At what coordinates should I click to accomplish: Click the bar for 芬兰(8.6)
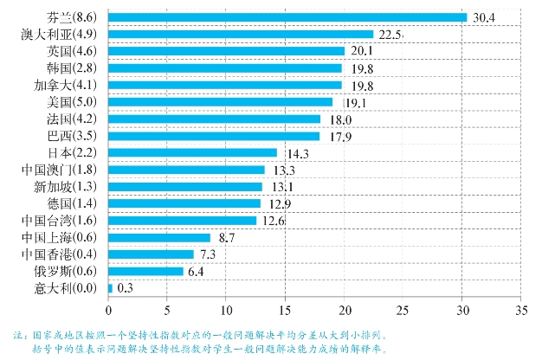click(x=287, y=17)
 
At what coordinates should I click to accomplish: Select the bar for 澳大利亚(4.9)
click(x=241, y=35)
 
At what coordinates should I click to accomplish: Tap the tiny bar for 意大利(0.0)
click(x=110, y=287)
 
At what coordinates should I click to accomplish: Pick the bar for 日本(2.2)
click(x=192, y=152)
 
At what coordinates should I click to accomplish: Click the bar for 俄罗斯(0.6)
click(x=145, y=271)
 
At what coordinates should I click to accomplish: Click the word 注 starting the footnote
click(x=16, y=333)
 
